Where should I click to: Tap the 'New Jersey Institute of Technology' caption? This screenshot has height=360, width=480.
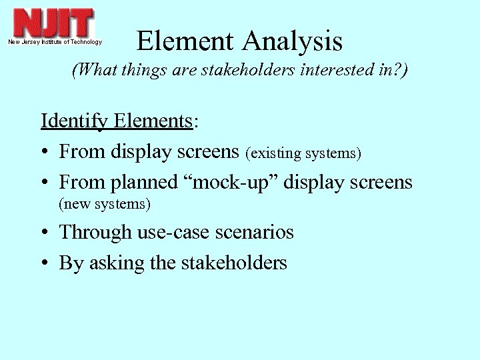[55, 42]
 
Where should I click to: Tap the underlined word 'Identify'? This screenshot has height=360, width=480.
[75, 121]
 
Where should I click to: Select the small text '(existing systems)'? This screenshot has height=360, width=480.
[303, 153]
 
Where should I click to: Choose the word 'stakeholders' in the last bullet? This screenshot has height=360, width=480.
[233, 263]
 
